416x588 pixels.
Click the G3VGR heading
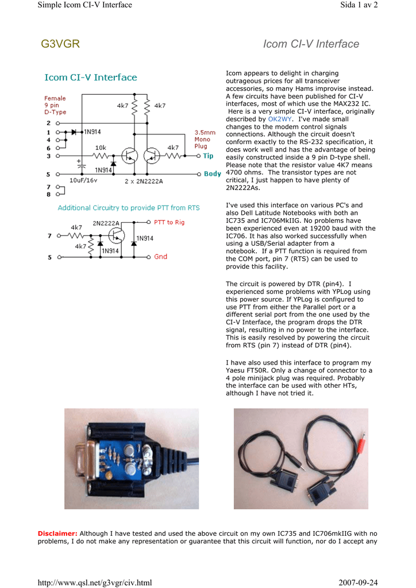pos(60,44)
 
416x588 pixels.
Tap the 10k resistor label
pos(101,148)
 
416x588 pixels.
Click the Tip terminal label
pos(208,156)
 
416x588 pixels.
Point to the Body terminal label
pos(212,174)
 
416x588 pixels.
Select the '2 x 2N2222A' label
pos(144,181)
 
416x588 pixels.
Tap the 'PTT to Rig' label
pos(169,222)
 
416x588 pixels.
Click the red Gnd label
pos(160,257)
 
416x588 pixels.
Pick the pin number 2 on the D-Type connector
pos(48,123)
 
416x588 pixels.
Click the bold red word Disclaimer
pos(57,533)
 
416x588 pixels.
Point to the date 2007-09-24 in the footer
pos(358,583)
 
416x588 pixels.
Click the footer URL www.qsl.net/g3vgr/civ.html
pos(95,583)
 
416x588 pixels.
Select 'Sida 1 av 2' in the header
pos(359,5)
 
